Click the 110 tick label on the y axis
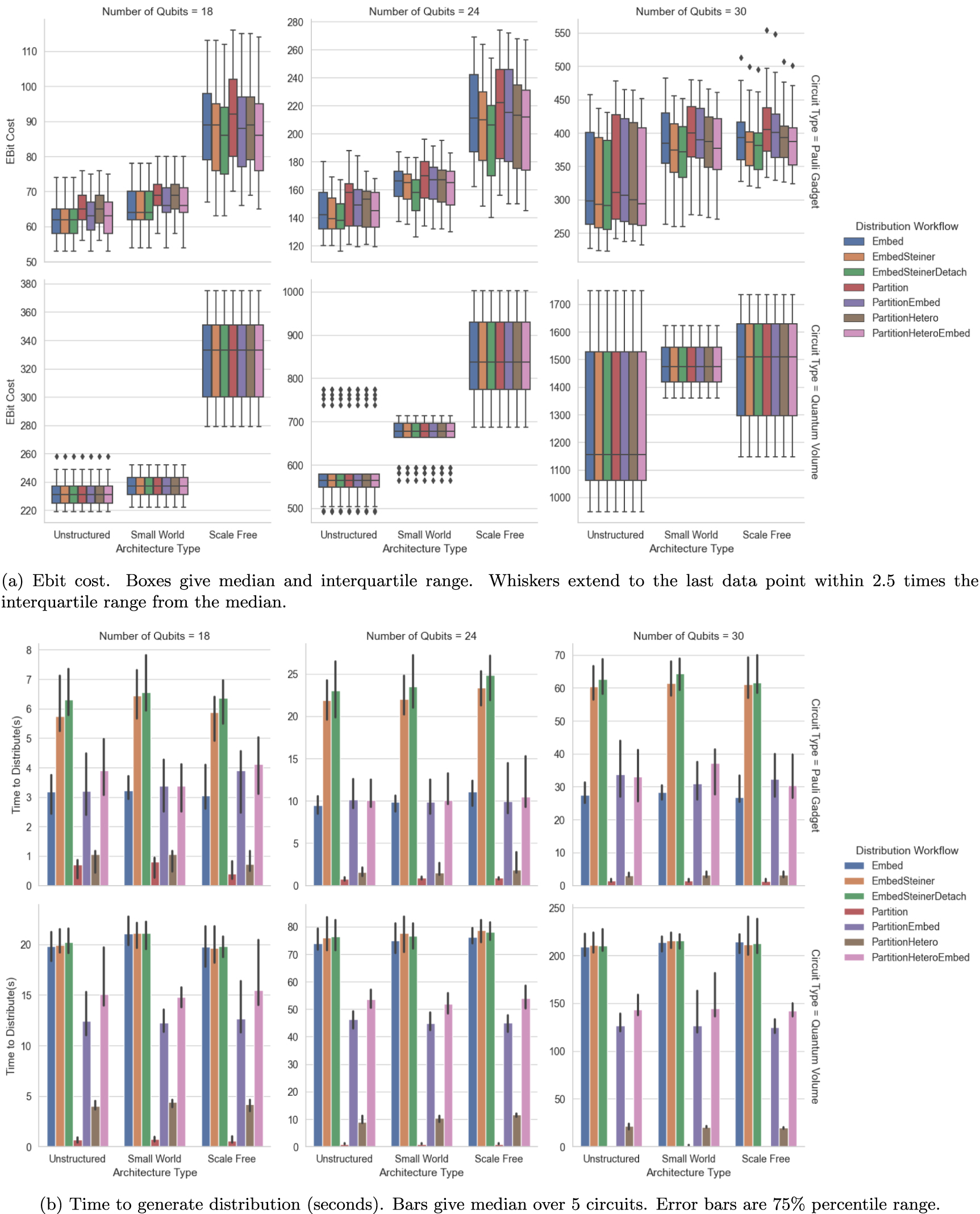click(x=29, y=52)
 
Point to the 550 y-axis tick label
click(x=562, y=34)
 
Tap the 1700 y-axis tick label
click(x=560, y=305)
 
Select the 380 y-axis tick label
click(x=28, y=284)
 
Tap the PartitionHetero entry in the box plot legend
click(x=905, y=318)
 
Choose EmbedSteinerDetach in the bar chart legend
click(x=919, y=896)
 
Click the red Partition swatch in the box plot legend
click(x=854, y=287)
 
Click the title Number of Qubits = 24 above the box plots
click(x=424, y=11)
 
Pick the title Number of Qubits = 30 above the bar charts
click(x=688, y=636)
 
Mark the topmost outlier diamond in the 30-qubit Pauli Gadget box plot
click(x=767, y=31)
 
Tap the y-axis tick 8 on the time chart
click(x=29, y=650)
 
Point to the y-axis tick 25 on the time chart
click(x=293, y=674)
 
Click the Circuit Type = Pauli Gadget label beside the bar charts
click(x=815, y=765)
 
